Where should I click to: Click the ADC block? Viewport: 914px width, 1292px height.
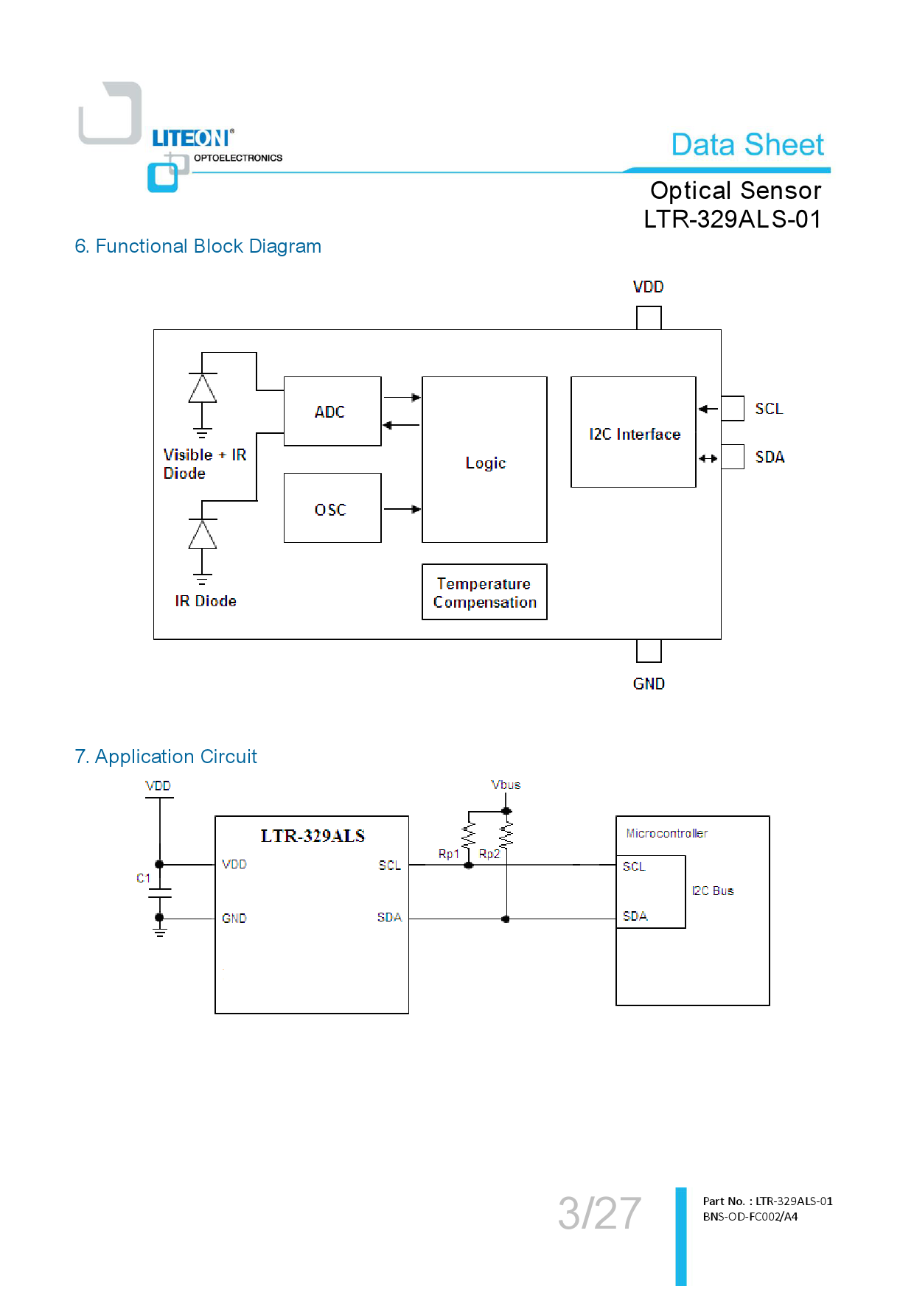[x=332, y=411]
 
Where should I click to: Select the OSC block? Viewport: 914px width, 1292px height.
[x=332, y=508]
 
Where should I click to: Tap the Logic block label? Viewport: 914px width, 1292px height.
[x=485, y=463]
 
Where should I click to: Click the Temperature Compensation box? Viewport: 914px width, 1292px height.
[x=484, y=592]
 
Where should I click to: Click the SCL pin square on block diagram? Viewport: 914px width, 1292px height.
[x=732, y=408]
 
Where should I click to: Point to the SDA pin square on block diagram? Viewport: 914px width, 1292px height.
[x=732, y=457]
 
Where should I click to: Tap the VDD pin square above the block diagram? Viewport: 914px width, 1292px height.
[x=649, y=317]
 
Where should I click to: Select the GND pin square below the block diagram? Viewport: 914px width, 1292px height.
[x=649, y=651]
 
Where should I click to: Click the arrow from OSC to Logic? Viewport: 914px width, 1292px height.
[x=402, y=509]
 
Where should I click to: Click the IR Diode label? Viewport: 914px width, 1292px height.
[x=206, y=601]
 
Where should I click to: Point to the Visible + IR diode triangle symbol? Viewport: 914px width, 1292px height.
[x=202, y=388]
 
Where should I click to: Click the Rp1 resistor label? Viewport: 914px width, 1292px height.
[x=448, y=854]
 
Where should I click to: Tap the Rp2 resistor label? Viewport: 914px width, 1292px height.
[x=489, y=854]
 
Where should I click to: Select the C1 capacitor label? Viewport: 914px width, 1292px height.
[x=143, y=878]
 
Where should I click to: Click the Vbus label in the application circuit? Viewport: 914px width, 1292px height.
[x=506, y=784]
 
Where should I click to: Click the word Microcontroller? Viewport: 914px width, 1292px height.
[x=666, y=833]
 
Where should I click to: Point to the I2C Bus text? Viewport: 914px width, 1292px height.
[x=713, y=891]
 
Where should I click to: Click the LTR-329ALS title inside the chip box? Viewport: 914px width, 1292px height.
[x=313, y=836]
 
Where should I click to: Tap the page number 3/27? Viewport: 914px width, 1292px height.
[x=599, y=1213]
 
